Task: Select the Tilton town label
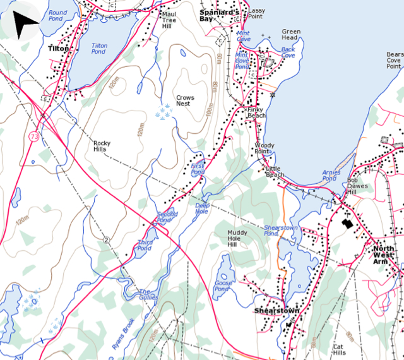58,48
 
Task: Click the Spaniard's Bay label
215,15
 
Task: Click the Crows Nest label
184,100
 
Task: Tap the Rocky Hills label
102,147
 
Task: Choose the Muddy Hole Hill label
237,237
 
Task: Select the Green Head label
291,35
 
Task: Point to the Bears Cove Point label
395,60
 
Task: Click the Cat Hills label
338,349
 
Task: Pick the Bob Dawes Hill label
360,186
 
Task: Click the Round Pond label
57,16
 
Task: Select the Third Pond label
145,245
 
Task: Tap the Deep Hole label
202,208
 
